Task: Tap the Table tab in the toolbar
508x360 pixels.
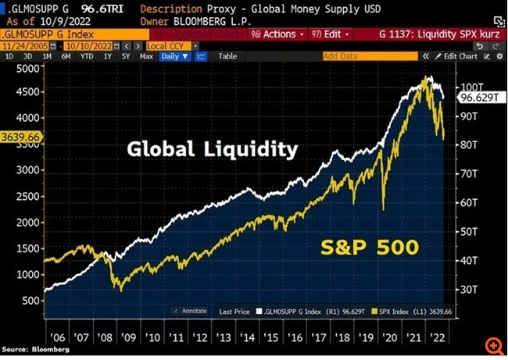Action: tap(228, 56)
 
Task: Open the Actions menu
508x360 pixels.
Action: tap(274, 35)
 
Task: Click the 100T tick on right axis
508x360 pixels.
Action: tap(470, 87)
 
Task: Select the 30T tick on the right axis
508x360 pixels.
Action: tap(468, 290)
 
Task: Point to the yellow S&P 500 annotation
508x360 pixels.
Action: tap(369, 249)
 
